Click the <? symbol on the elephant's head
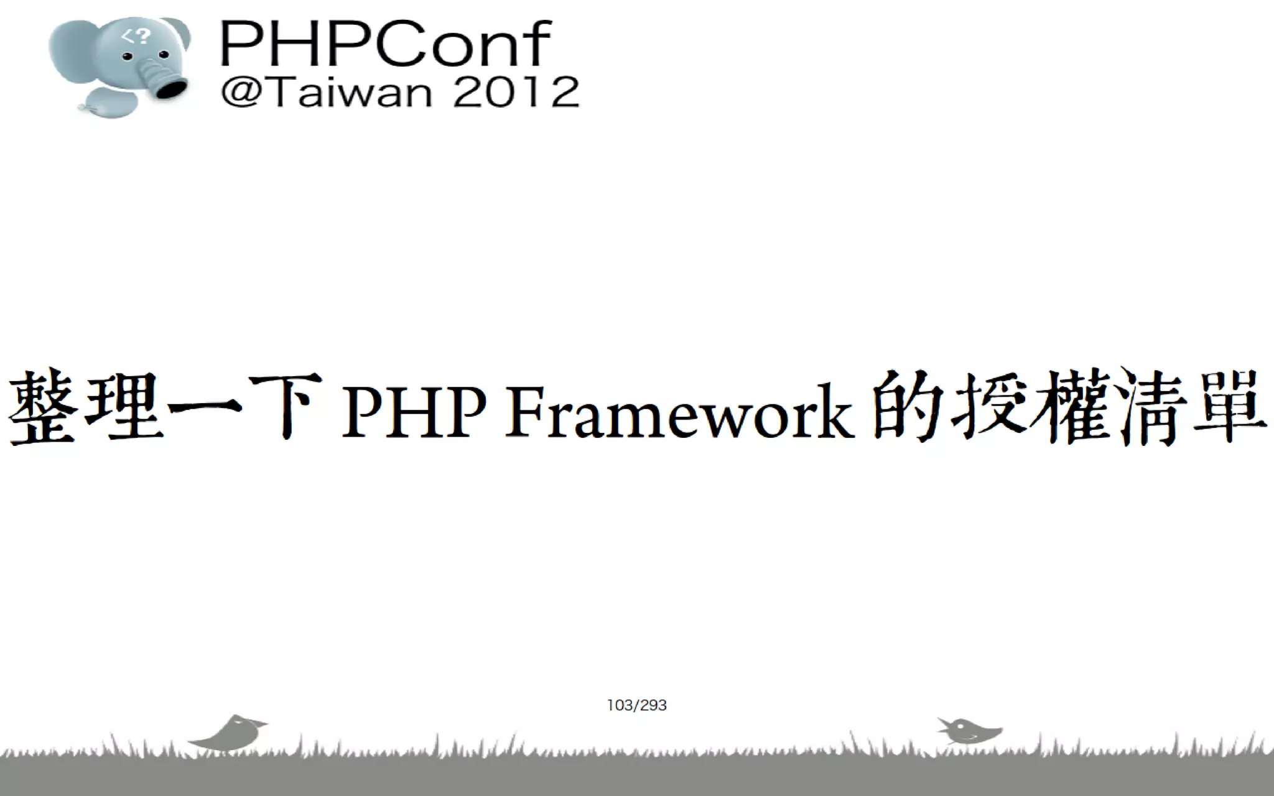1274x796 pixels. [x=136, y=37]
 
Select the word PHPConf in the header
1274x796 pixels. [x=385, y=44]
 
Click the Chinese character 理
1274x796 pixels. [x=123, y=407]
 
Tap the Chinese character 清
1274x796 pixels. [x=1151, y=407]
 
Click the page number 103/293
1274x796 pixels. [x=636, y=705]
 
